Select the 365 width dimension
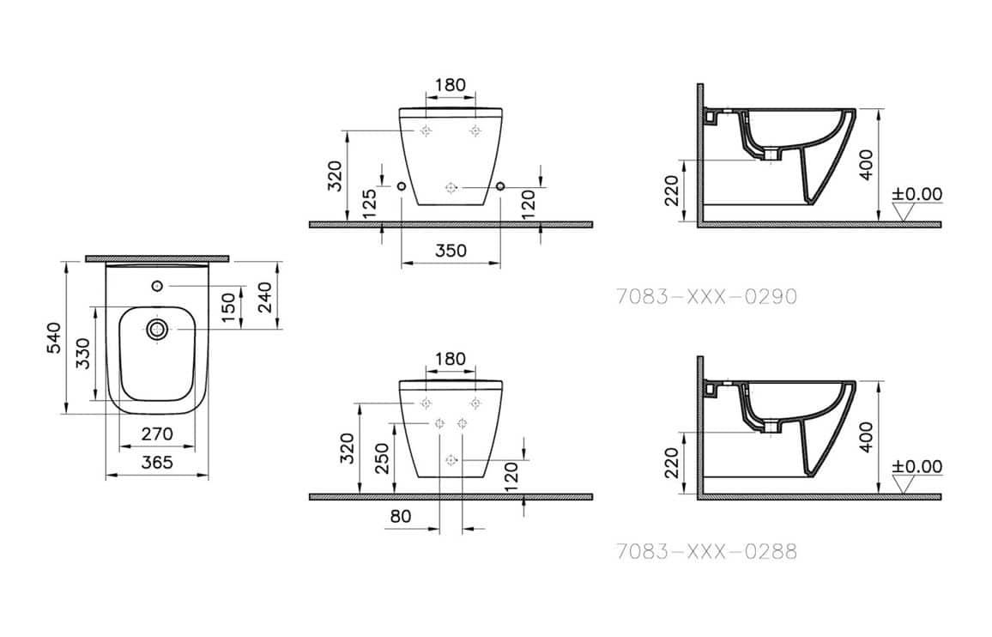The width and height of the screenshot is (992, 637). [x=156, y=462]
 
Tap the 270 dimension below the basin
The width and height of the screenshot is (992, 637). [x=156, y=434]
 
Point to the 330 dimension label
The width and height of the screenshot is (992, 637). [x=82, y=354]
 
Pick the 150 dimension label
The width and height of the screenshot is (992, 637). [x=229, y=307]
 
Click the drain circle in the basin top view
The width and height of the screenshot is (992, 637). [x=157, y=329]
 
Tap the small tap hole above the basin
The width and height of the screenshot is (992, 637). [x=158, y=286]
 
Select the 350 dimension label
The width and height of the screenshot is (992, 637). [x=451, y=251]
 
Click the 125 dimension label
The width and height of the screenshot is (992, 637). [x=370, y=203]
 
